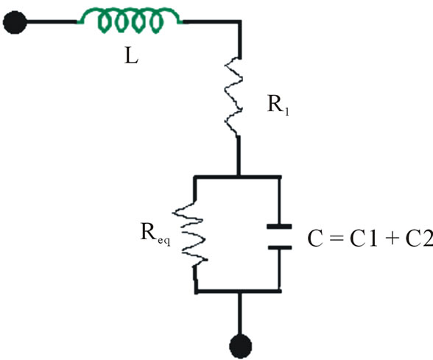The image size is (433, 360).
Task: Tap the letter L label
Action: [x=131, y=57]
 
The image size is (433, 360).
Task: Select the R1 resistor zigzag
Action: [x=233, y=96]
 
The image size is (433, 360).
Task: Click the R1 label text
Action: [x=278, y=105]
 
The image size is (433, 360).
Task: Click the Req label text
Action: [x=155, y=234]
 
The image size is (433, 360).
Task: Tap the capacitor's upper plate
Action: [x=279, y=227]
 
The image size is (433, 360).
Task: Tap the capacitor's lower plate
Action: [x=280, y=247]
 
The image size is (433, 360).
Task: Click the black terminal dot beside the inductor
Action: [x=15, y=22]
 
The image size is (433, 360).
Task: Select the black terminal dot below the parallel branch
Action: [x=241, y=346]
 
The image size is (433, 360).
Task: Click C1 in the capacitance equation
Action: [x=364, y=239]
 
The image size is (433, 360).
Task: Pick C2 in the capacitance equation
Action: [x=419, y=239]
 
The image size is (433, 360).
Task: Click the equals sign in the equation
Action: [x=337, y=239]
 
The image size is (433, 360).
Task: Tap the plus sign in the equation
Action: [x=391, y=239]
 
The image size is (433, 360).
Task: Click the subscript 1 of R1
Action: [x=286, y=112]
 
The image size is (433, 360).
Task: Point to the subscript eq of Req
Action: [x=164, y=241]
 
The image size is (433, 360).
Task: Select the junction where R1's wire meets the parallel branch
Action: [x=239, y=176]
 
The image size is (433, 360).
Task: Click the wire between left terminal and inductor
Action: [x=52, y=22]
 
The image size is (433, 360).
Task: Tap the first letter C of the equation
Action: [x=315, y=239]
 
